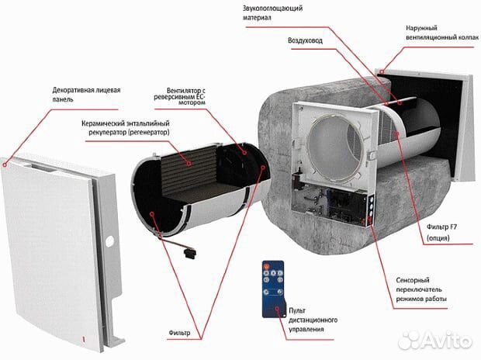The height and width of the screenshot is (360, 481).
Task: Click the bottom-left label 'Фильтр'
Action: pyautogui.click(x=180, y=334)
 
